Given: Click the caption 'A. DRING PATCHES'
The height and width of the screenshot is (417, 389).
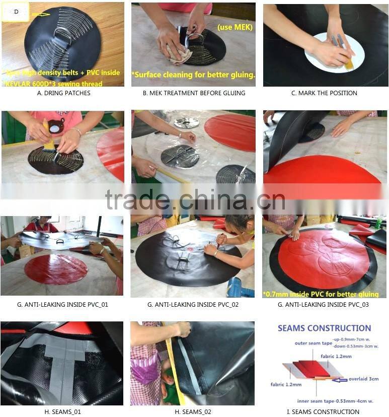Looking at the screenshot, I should click(x=63, y=93).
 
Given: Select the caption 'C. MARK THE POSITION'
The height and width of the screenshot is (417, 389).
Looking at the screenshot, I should click(x=325, y=93).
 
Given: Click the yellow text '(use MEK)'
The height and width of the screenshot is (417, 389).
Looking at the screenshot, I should click(x=235, y=27).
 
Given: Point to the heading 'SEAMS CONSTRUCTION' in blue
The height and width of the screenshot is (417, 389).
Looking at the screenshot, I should click(x=325, y=328).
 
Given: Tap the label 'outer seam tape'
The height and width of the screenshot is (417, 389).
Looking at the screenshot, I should click(x=312, y=343).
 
